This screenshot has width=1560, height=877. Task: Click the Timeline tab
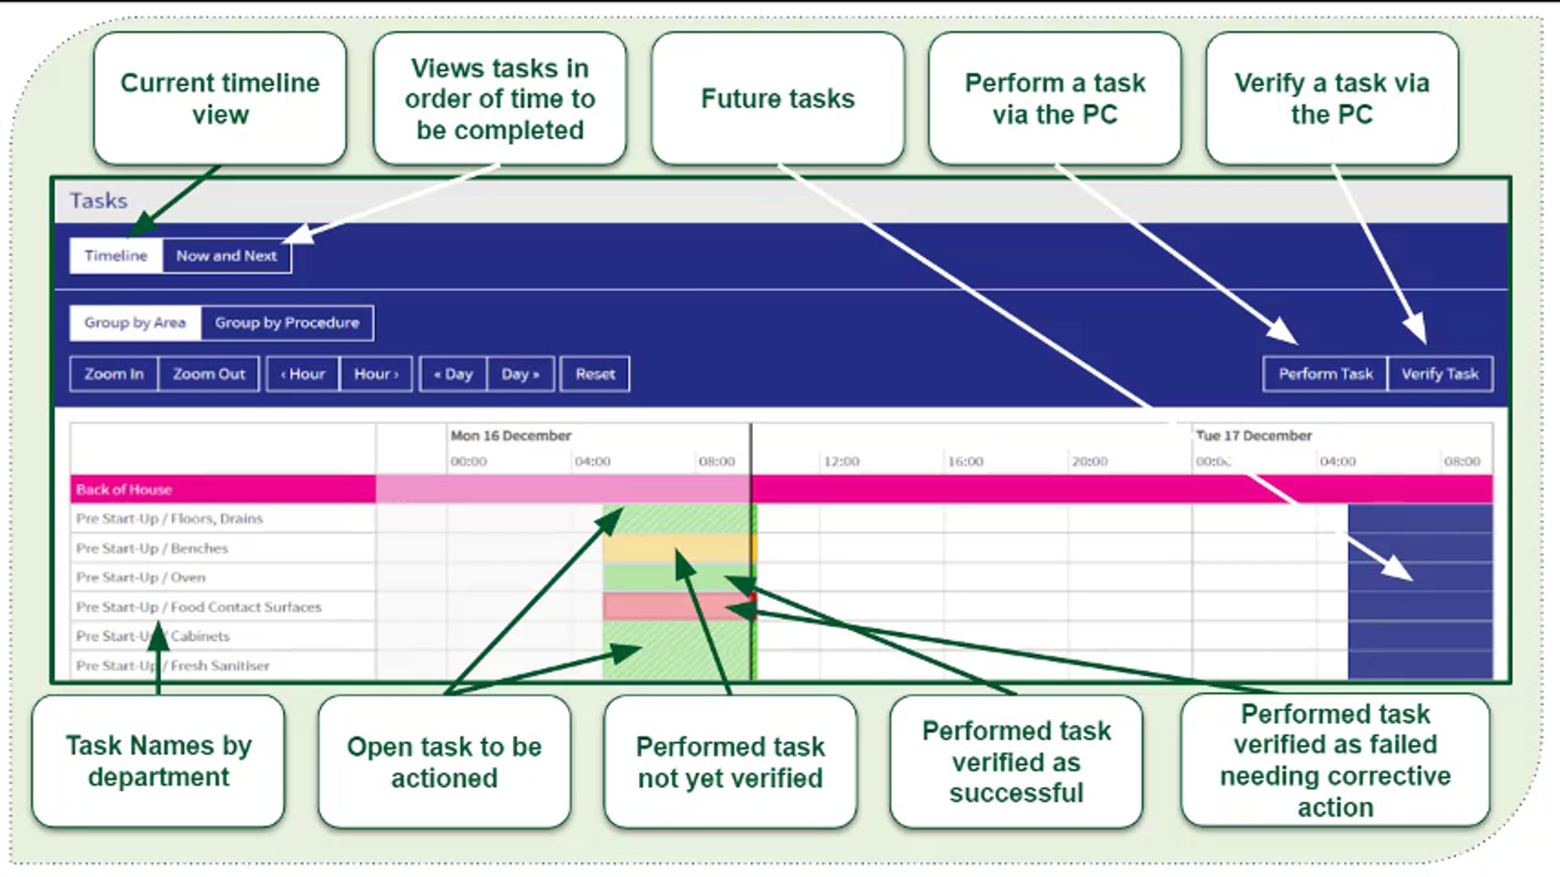coord(116,255)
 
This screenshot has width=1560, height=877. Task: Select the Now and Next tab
coord(226,255)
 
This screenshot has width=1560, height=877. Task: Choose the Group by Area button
coord(135,322)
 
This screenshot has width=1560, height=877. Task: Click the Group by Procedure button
coord(287,322)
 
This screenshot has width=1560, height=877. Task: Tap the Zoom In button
coord(114,374)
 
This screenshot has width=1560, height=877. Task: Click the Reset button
coord(595,374)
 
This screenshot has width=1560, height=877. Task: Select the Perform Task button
coord(1325,374)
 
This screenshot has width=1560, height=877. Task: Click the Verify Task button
coord(1440,374)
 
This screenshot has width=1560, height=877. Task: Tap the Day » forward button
coord(520,374)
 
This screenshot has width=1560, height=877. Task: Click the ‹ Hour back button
coord(303,374)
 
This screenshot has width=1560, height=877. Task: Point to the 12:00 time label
coord(842,462)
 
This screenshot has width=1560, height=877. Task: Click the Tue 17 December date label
coord(1254,436)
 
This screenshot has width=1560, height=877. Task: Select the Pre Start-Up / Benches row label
coord(152,548)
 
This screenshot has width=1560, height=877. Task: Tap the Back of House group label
coord(124,490)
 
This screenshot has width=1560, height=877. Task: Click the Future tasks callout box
coord(777,99)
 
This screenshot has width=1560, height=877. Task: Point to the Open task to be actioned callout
coord(445,762)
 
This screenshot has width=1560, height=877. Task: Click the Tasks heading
coord(99,201)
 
